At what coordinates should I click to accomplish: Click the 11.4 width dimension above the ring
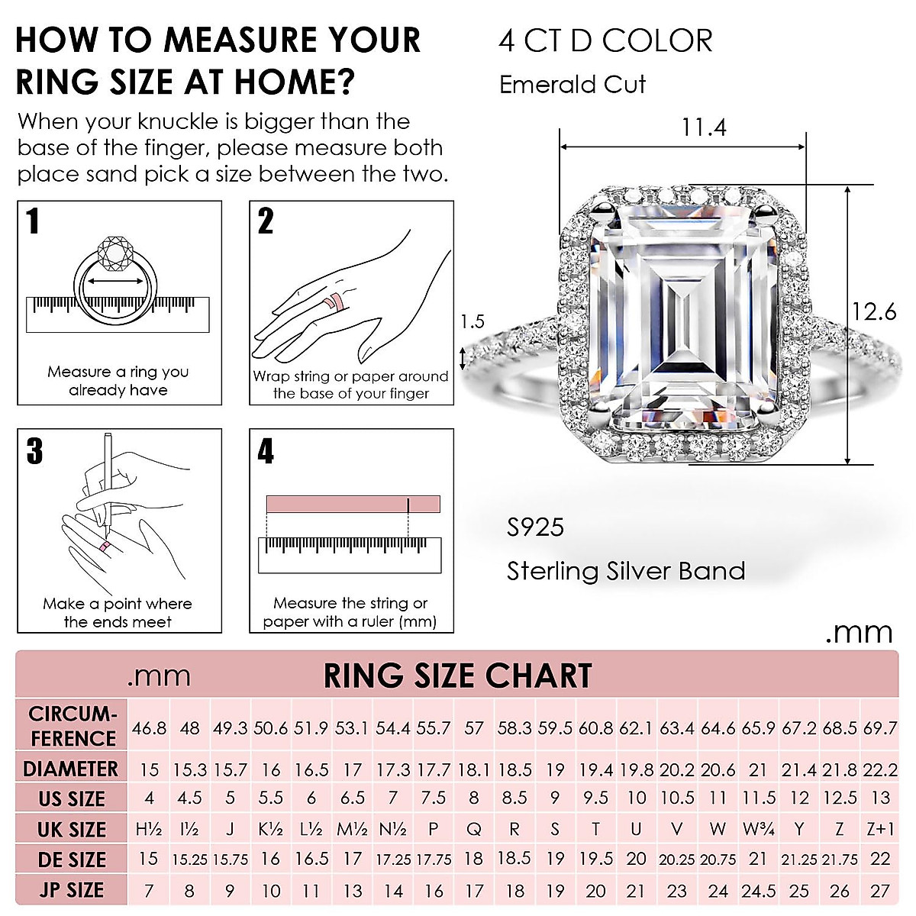pyautogui.click(x=703, y=127)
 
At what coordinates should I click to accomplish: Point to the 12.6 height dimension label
pyautogui.click(x=874, y=311)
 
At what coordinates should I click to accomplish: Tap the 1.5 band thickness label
pyautogui.click(x=473, y=321)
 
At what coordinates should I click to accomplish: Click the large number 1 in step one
pyautogui.click(x=33, y=221)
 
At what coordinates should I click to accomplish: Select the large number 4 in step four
pyautogui.click(x=265, y=451)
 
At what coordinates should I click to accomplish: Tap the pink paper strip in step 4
pyautogui.click(x=353, y=505)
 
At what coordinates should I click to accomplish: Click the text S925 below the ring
pyautogui.click(x=536, y=527)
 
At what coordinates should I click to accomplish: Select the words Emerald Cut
pyautogui.click(x=572, y=84)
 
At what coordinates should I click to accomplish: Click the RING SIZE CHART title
pyautogui.click(x=457, y=676)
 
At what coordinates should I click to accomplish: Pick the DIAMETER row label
pyautogui.click(x=71, y=769)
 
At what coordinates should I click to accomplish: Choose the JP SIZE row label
pyautogui.click(x=71, y=890)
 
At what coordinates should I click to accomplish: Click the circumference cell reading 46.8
pyautogui.click(x=149, y=728)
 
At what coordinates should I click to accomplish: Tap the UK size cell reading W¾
pyautogui.click(x=759, y=829)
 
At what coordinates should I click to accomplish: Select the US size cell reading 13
pyautogui.click(x=880, y=798)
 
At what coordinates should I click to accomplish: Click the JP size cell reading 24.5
pyautogui.click(x=759, y=890)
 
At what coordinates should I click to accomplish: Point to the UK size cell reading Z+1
pyautogui.click(x=880, y=829)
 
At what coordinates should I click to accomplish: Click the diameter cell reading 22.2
pyautogui.click(x=880, y=769)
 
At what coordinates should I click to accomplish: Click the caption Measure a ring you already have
pyautogui.click(x=118, y=381)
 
